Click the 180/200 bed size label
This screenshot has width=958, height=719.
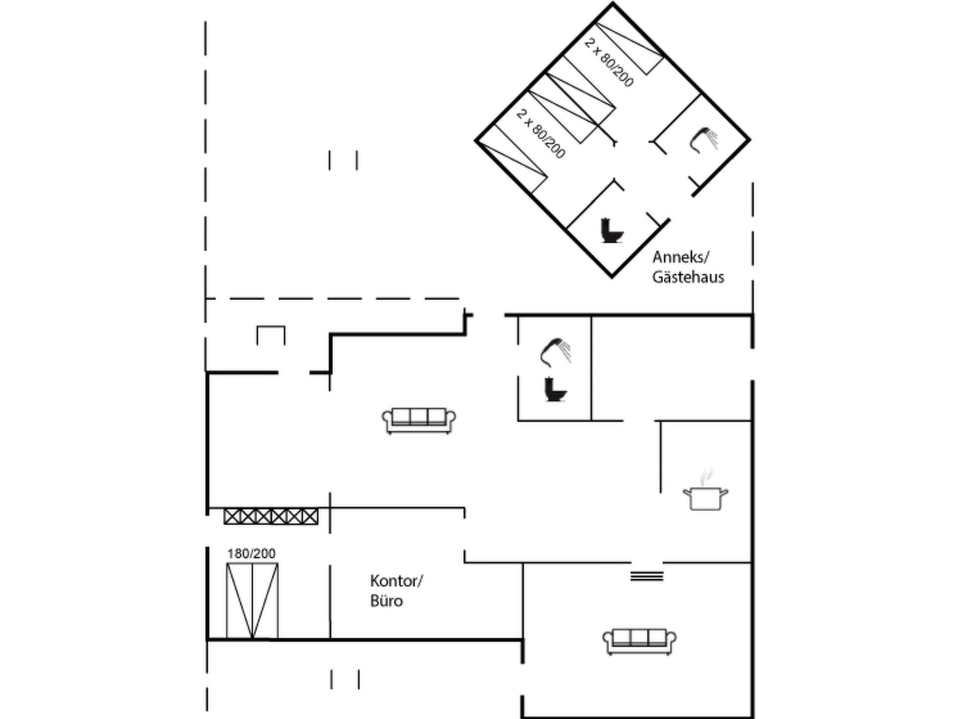pos(251,554)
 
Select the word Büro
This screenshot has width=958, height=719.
pos(386,601)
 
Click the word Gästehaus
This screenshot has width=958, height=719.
pos(688,277)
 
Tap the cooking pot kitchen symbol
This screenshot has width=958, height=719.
pos(705,496)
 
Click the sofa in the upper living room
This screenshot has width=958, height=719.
pos(419,420)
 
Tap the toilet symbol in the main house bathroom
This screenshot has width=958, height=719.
pos(555,389)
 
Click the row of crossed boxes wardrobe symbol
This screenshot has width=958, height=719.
pos(271,517)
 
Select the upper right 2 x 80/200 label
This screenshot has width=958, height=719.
pos(609,62)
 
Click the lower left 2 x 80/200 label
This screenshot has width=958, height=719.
pos(541,133)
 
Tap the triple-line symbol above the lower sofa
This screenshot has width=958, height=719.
pos(646,576)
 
